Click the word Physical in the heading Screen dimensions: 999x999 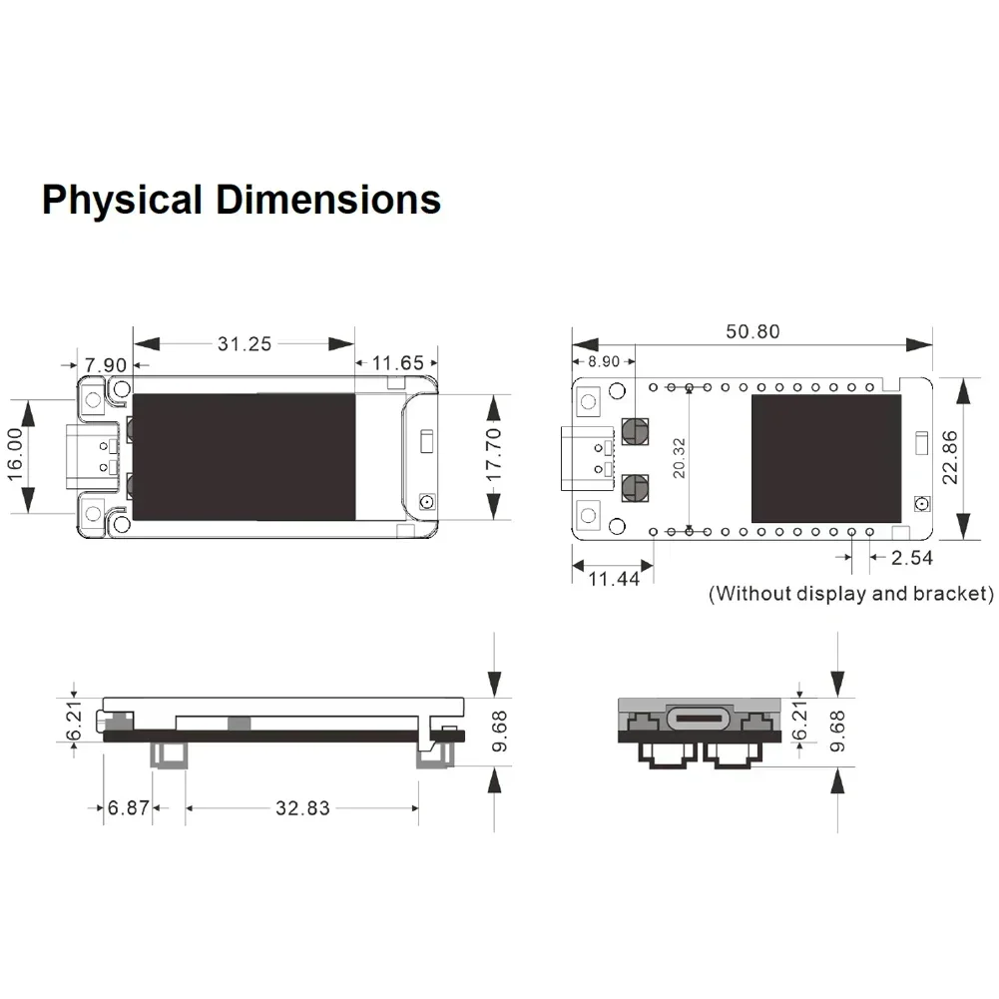coord(123,201)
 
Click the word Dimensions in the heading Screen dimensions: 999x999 coord(328,201)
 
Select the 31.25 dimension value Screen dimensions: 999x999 coord(245,343)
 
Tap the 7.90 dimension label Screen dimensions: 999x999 coord(106,364)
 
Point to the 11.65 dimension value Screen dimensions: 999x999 coord(397,364)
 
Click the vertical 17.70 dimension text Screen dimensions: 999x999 coord(493,456)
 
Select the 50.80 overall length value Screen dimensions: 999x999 coord(753,331)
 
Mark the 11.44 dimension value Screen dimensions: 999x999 coord(614,579)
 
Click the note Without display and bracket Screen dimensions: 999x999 coord(851,594)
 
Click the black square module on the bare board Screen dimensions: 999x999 coord(825,458)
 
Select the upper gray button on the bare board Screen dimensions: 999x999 coord(634,430)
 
